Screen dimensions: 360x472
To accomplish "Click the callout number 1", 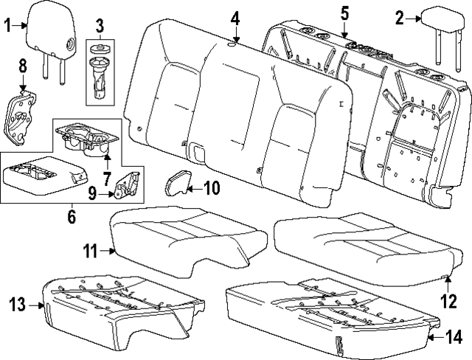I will (8, 28).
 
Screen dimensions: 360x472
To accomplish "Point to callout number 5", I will (344, 13).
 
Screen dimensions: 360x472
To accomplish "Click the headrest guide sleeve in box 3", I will (100, 81).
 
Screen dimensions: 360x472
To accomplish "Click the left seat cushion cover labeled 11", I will (184, 236).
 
